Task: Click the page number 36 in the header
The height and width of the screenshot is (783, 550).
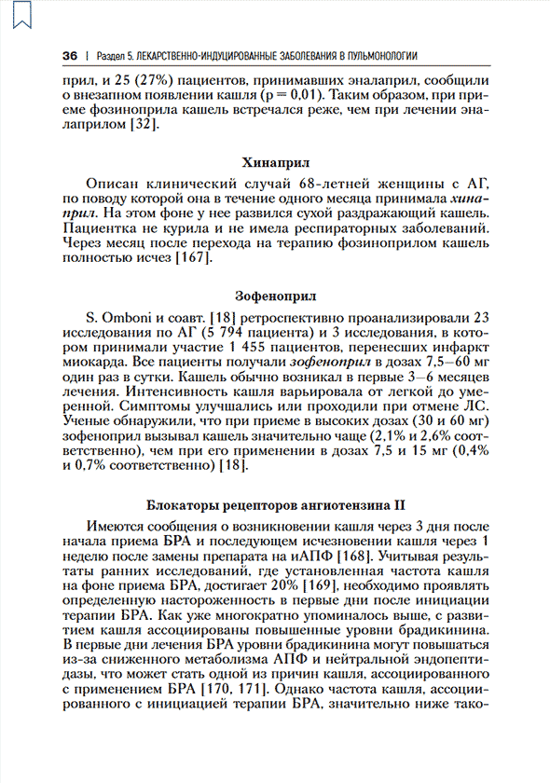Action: point(69,56)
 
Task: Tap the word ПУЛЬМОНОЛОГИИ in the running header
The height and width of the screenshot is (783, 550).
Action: point(372,56)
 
